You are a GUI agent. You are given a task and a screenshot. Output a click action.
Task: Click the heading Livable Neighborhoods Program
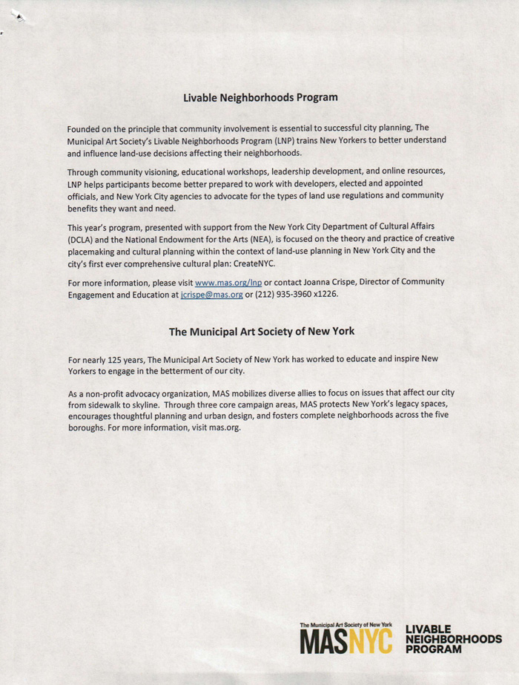click(260, 97)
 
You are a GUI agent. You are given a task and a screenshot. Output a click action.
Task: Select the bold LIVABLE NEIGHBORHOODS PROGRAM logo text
click(453, 638)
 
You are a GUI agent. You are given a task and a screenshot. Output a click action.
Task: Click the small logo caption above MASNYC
click(346, 626)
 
